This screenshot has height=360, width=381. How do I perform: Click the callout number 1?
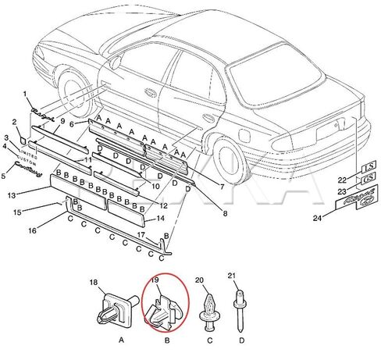[x=25, y=94]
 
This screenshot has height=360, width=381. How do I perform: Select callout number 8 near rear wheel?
[x=225, y=213]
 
